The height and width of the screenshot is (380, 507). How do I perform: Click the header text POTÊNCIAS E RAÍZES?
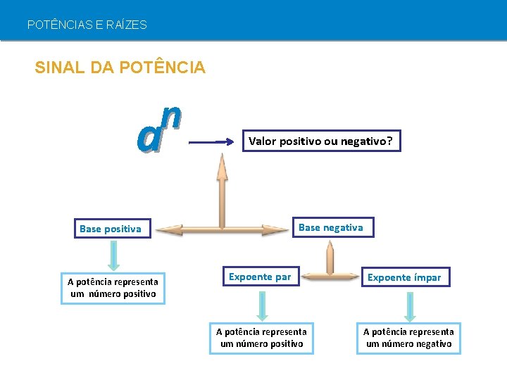click(x=87, y=25)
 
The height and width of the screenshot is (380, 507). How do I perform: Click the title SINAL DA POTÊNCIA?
click(x=120, y=68)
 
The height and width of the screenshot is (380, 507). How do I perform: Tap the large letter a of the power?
click(x=149, y=138)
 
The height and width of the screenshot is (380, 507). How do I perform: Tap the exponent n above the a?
click(x=171, y=115)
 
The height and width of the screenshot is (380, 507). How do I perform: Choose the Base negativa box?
click(x=331, y=227)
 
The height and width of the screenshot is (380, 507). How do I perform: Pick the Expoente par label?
click(x=260, y=277)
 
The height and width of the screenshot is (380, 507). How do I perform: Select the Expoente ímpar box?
click(x=404, y=277)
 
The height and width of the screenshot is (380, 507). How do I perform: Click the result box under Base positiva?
click(x=113, y=288)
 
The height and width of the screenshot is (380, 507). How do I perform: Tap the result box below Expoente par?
click(x=261, y=338)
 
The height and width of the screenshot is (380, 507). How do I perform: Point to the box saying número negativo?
click(x=408, y=338)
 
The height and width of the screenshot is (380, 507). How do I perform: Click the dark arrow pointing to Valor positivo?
click(x=215, y=141)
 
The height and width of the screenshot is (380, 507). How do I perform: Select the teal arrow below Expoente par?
click(x=262, y=305)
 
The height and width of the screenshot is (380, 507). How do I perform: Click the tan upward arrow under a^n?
click(x=222, y=190)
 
